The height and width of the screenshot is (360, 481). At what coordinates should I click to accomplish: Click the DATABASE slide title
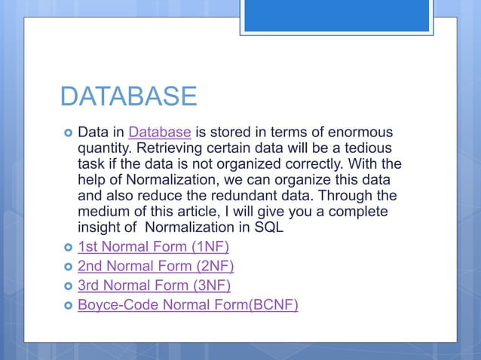click(x=127, y=96)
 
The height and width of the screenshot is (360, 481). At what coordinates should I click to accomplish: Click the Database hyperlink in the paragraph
click(x=159, y=133)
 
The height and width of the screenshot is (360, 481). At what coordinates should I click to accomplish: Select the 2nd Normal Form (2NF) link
click(x=155, y=266)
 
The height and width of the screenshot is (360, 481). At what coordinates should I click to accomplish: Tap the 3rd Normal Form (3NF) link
click(x=154, y=285)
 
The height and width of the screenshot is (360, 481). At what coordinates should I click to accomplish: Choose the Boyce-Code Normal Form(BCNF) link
click(x=188, y=305)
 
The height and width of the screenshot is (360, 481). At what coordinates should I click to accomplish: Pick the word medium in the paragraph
click(x=105, y=212)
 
